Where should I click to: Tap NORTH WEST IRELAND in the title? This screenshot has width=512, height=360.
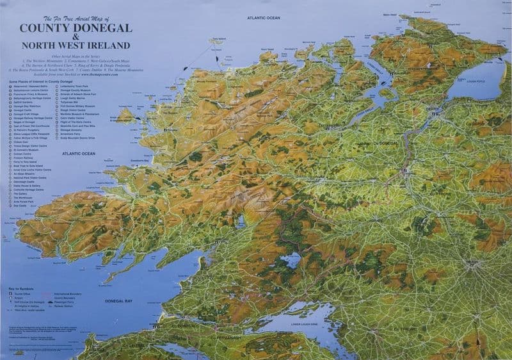tap(76, 45)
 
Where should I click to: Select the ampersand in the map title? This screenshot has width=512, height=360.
tap(76, 37)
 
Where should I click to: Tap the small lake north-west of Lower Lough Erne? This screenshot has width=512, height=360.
tap(292, 261)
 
